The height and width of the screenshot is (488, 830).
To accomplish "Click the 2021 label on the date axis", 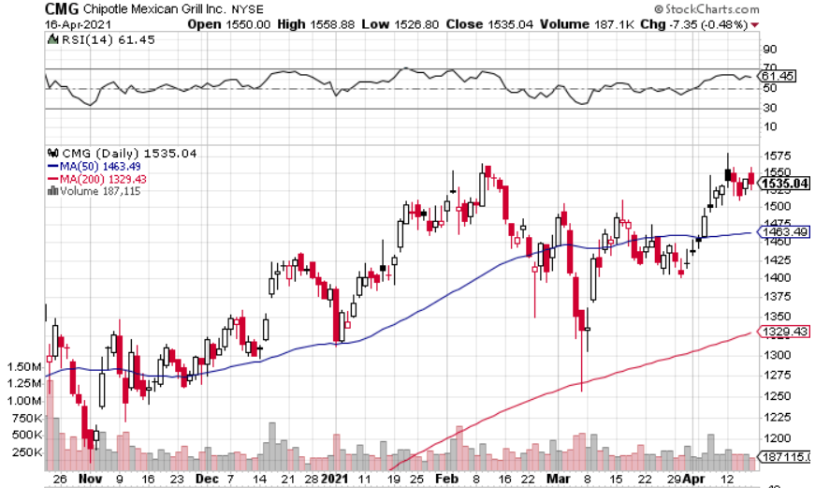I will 334,478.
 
